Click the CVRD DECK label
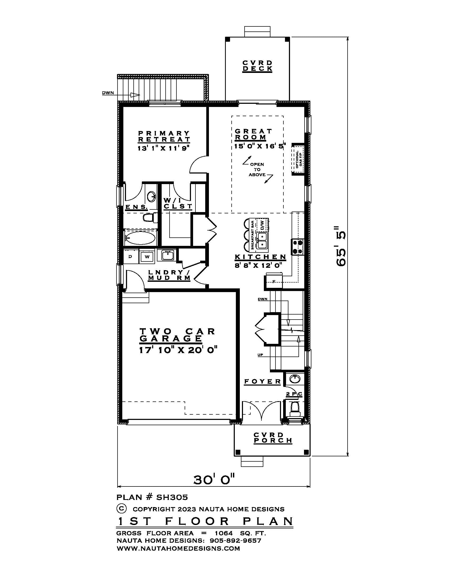coord(257,66)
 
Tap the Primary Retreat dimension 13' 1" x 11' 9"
coord(163,148)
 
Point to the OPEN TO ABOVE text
coord(257,170)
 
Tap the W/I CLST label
coord(177,203)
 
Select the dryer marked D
coord(130,257)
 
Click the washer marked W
coord(147,257)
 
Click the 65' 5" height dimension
coord(341,246)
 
